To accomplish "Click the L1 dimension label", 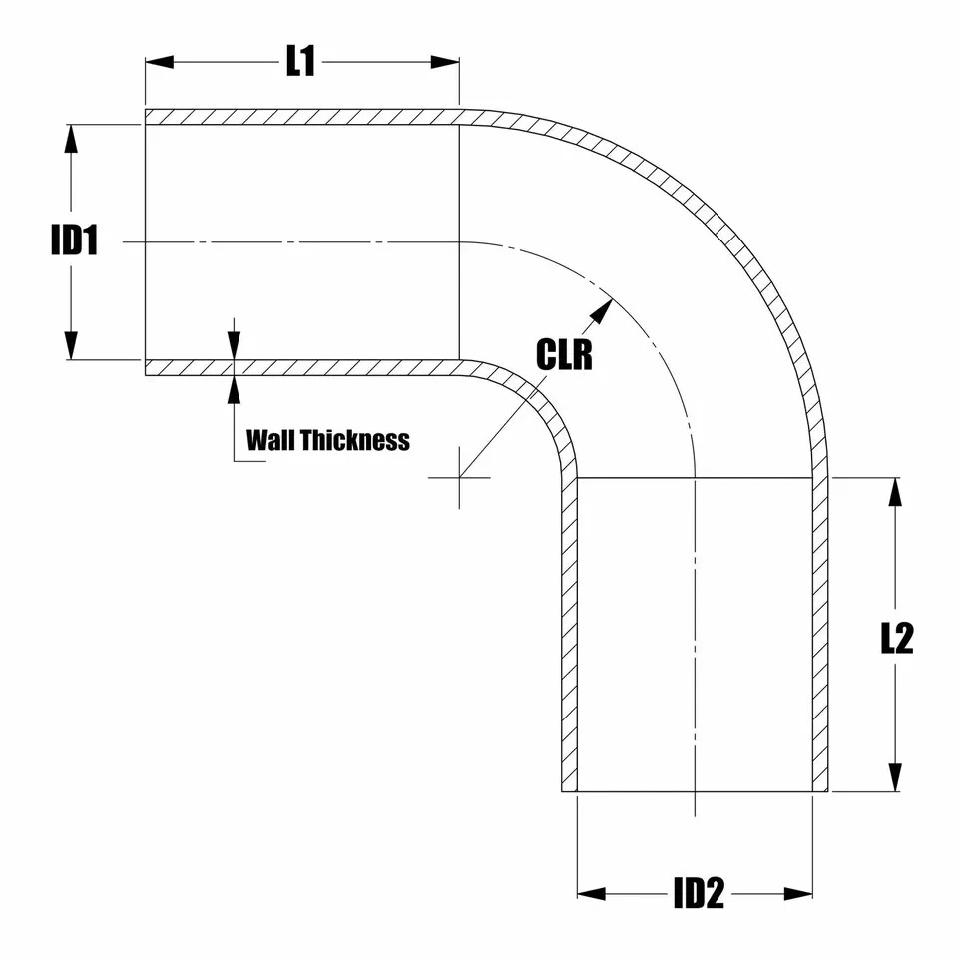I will [x=300, y=62].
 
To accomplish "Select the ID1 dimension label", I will [x=75, y=240].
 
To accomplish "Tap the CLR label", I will [x=564, y=354].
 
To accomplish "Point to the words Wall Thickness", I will [x=327, y=440].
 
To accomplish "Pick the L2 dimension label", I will [x=896, y=639].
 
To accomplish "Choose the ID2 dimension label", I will [x=698, y=894].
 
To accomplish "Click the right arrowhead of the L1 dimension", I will [x=445, y=62].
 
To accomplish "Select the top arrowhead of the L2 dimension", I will [x=895, y=492].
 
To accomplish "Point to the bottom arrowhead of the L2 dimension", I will [x=895, y=777].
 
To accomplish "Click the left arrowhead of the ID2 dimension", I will [x=592, y=893].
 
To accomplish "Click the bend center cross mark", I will [x=459, y=477].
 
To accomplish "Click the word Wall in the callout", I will [x=270, y=440].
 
